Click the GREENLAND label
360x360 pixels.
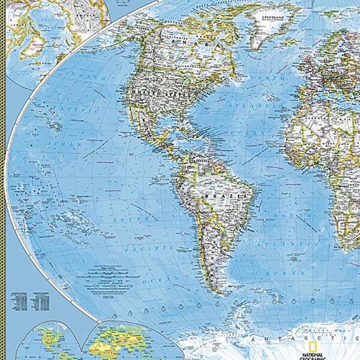(x=272, y=17)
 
